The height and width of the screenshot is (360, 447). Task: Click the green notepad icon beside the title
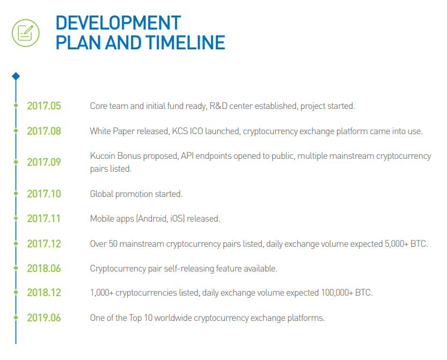[26, 33]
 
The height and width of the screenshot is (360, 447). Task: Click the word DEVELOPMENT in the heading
[118, 23]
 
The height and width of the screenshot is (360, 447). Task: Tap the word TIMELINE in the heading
[186, 42]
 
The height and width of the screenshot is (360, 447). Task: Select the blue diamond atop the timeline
[16, 76]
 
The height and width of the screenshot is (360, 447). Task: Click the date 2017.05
[44, 106]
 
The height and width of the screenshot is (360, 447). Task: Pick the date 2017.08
[44, 131]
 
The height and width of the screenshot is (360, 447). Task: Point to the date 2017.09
[44, 162]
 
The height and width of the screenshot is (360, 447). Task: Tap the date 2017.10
[44, 194]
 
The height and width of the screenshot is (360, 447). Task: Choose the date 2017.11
[43, 218]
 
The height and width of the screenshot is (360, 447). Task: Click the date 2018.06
[44, 268]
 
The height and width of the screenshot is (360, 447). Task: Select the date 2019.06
[44, 318]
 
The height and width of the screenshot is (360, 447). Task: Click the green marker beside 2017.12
[16, 244]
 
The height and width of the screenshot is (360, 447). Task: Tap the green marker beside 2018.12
[16, 292]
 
